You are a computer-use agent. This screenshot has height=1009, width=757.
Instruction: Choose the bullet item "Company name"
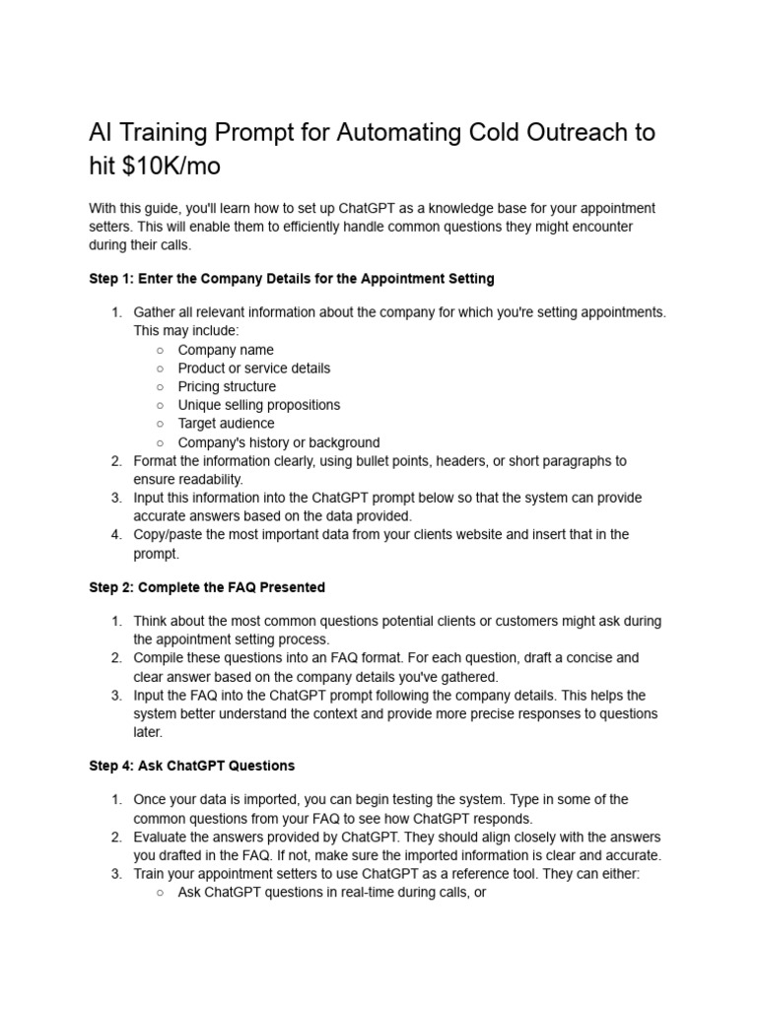click(x=226, y=350)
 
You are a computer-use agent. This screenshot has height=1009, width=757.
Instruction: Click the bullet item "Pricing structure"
click(x=227, y=386)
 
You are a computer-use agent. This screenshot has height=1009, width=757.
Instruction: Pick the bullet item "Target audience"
click(x=226, y=424)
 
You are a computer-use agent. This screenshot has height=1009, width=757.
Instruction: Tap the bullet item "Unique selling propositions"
click(x=258, y=405)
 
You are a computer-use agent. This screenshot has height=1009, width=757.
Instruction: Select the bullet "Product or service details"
click(x=253, y=369)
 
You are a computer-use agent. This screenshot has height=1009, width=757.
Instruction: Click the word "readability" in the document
click(x=204, y=479)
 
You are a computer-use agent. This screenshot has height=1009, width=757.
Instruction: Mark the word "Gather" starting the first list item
click(x=155, y=312)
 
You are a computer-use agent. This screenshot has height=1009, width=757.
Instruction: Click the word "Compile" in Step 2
click(x=160, y=658)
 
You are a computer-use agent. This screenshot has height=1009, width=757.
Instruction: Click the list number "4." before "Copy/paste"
click(x=115, y=535)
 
